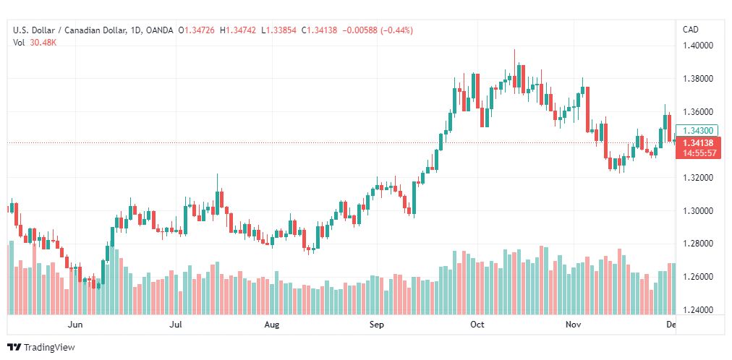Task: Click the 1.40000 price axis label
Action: (x=699, y=46)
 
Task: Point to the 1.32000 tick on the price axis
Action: (x=699, y=178)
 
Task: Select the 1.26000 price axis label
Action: (x=699, y=277)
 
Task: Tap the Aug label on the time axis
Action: (x=271, y=325)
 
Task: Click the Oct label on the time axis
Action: (x=477, y=325)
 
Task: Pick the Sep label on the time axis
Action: (x=376, y=325)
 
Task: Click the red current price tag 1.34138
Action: (x=699, y=143)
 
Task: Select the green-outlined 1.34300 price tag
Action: (x=699, y=130)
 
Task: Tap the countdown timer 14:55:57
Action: (x=699, y=153)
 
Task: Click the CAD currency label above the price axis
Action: (x=691, y=30)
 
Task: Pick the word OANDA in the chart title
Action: (x=159, y=30)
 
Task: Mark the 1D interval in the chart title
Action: (x=135, y=30)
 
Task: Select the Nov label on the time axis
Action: (x=574, y=325)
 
